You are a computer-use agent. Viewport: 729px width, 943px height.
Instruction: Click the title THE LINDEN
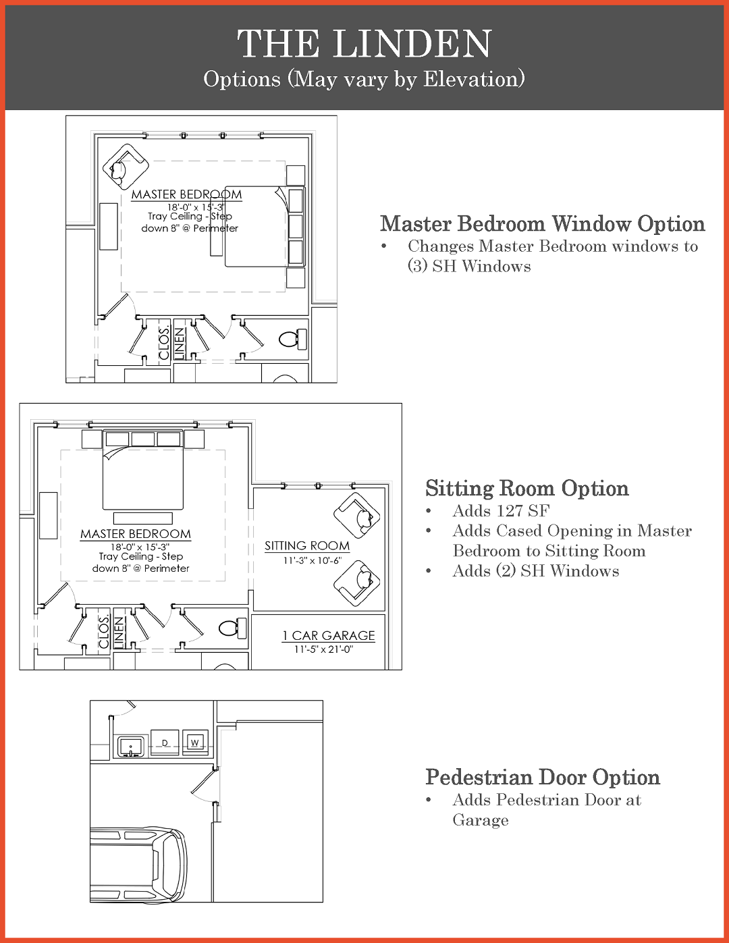pyautogui.click(x=364, y=45)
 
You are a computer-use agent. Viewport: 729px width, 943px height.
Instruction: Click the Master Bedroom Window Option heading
pyautogui.click(x=542, y=223)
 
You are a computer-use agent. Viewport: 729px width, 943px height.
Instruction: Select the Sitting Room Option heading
pyautogui.click(x=526, y=488)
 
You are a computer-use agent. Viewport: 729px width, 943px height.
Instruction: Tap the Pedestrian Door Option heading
pyautogui.click(x=542, y=777)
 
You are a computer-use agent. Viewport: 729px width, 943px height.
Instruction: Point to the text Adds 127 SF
pyautogui.click(x=501, y=511)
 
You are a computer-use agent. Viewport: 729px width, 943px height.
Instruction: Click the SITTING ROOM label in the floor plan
pyautogui.click(x=306, y=545)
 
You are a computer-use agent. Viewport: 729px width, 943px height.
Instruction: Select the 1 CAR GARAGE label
pyautogui.click(x=328, y=635)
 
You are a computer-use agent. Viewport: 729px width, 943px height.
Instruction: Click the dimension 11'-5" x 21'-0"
pyautogui.click(x=323, y=649)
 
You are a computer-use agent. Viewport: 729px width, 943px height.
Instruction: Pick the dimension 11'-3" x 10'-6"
pyautogui.click(x=312, y=560)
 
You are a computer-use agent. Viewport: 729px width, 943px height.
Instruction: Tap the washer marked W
pyautogui.click(x=195, y=743)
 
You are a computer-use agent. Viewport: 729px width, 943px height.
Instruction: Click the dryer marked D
pyautogui.click(x=165, y=743)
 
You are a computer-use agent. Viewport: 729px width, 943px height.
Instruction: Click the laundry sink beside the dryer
pyautogui.click(x=131, y=746)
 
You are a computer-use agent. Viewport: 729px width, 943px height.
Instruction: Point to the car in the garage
pyautogui.click(x=138, y=865)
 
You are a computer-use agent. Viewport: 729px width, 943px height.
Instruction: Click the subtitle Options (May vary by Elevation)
pyautogui.click(x=364, y=79)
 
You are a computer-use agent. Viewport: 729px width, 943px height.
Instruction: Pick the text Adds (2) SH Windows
pyautogui.click(x=535, y=571)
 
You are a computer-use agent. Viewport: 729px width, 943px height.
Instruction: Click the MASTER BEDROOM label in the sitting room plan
pyautogui.click(x=135, y=534)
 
